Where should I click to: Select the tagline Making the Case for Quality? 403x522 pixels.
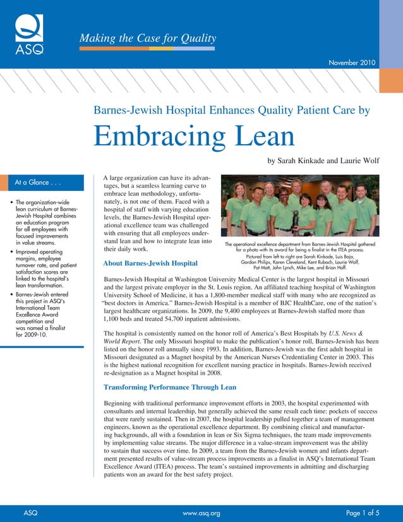pos(147,38)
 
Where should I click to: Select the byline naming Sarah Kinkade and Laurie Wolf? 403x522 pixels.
pos(322,161)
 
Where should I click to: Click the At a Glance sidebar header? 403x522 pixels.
pos(37,183)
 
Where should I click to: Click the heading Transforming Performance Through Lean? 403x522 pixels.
pos(169,387)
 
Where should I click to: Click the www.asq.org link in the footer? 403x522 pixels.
pos(201,513)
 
